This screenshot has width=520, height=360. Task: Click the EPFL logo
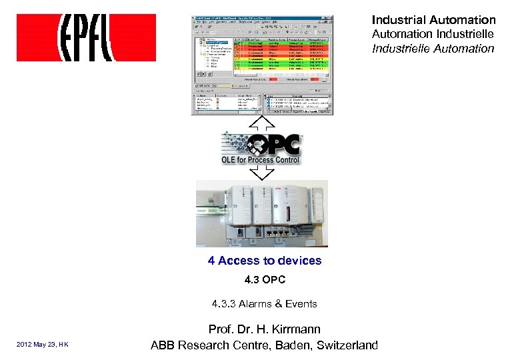pyautogui.click(x=86, y=38)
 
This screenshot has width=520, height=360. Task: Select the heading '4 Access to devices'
pyautogui.click(x=264, y=261)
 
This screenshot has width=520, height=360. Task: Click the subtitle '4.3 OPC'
pyautogui.click(x=264, y=280)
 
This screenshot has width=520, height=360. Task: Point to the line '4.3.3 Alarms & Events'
pyautogui.click(x=264, y=304)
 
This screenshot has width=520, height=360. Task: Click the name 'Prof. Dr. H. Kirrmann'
pyautogui.click(x=264, y=329)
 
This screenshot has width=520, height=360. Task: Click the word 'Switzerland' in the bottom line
pyautogui.click(x=347, y=345)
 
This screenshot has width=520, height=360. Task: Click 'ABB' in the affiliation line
pyautogui.click(x=164, y=345)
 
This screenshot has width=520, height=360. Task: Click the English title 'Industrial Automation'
pyautogui.click(x=433, y=20)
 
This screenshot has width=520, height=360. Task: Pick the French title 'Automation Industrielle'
pyautogui.click(x=433, y=33)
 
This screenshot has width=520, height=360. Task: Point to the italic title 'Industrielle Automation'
pyautogui.click(x=433, y=48)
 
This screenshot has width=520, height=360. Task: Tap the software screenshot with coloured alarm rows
pyautogui.click(x=261, y=64)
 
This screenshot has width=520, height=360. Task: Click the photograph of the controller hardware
pyautogui.click(x=262, y=213)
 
